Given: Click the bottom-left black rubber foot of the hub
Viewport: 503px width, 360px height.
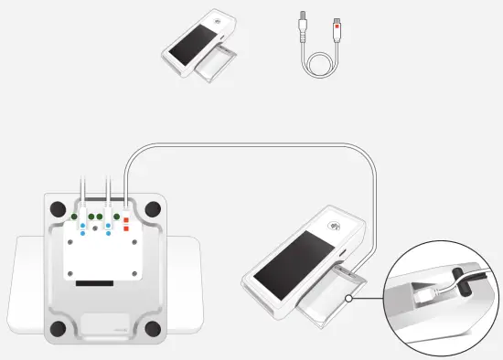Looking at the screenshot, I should pyautogui.click(x=58, y=327).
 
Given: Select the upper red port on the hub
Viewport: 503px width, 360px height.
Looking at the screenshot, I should pyautogui.click(x=125, y=221).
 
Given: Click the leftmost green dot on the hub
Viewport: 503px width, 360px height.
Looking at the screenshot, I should pyautogui.click(x=74, y=217).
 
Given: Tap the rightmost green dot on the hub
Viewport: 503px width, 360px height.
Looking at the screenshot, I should pyautogui.click(x=116, y=217).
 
